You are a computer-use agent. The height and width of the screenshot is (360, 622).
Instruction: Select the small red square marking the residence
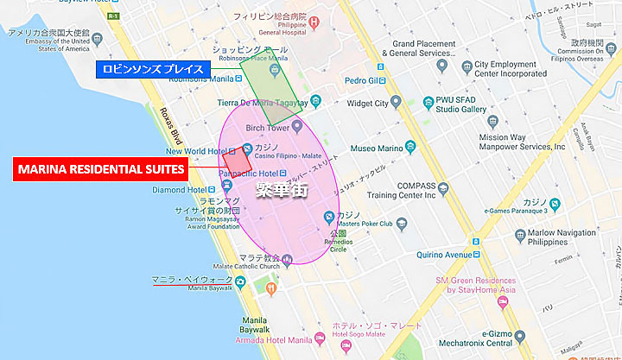point(236,161)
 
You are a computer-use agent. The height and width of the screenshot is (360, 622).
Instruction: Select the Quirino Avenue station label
point(446,255)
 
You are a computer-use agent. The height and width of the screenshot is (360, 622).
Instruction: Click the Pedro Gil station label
point(363,79)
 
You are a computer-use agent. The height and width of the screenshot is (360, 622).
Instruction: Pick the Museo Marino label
point(376,148)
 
